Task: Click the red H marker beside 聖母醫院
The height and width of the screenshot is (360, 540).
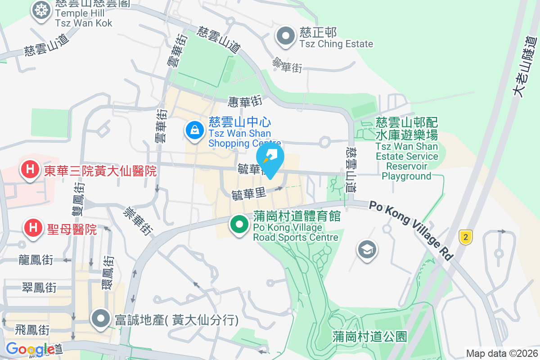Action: coord(33,228)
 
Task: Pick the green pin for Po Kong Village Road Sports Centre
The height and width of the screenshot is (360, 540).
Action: coord(239,224)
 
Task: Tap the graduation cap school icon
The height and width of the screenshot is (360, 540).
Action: coord(367,249)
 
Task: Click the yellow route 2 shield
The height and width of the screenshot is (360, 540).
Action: coord(466,237)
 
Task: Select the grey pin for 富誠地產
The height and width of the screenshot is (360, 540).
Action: coord(101,319)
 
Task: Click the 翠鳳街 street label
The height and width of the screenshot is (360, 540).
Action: coord(40,287)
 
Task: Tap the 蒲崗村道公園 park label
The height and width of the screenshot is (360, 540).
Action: coord(370,336)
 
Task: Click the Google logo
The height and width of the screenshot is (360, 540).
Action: coord(30,349)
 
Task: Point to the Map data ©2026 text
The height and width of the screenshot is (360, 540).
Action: coord(501,353)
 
